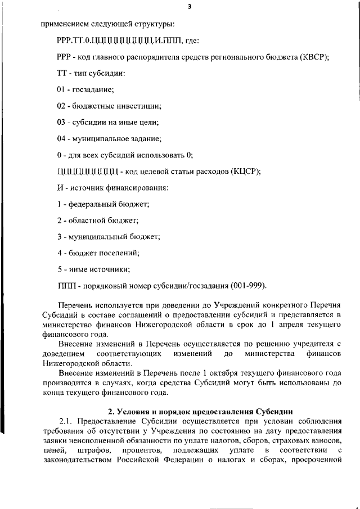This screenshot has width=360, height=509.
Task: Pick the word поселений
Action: pyautogui.click(x=118, y=253)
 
